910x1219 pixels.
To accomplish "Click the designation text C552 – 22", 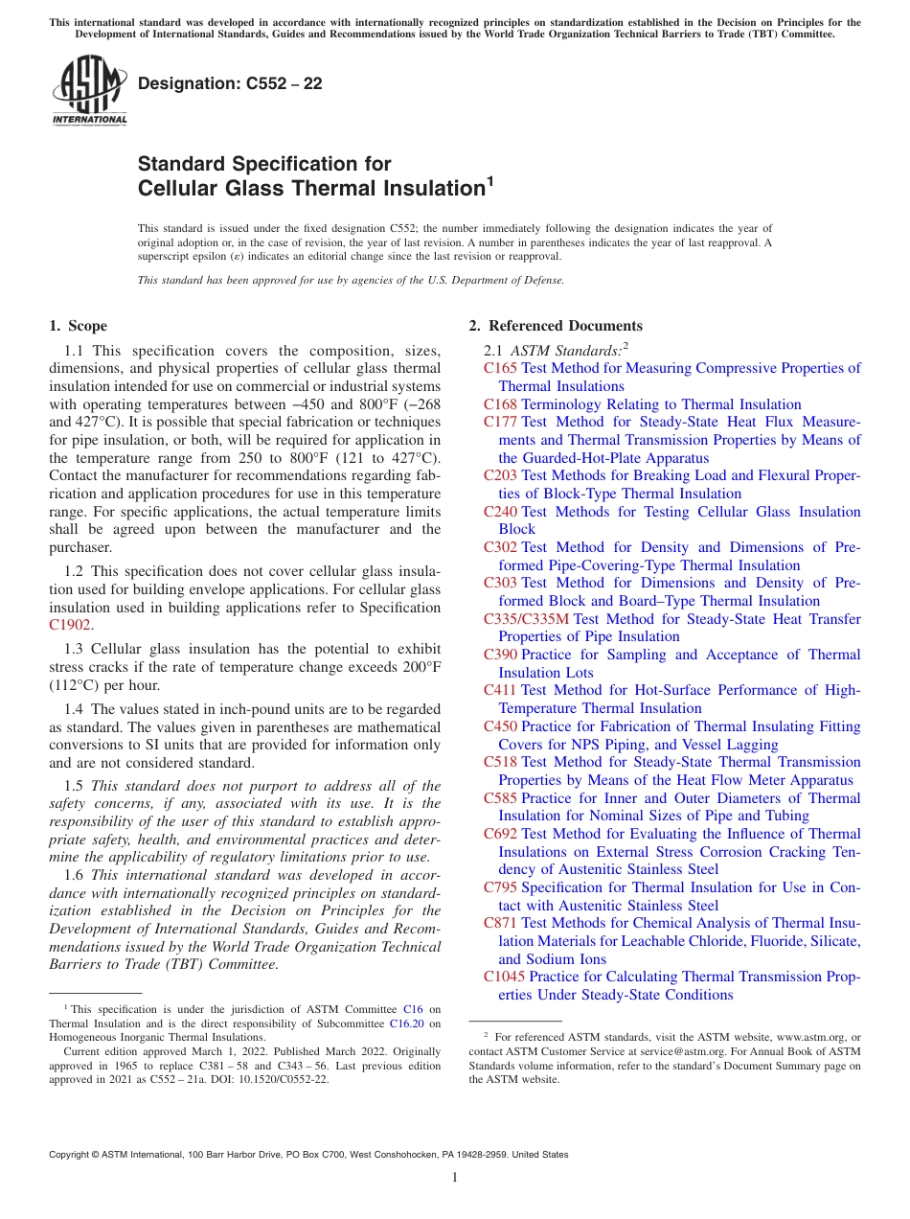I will coord(230,84).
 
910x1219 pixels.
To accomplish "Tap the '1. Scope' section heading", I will coord(78,326).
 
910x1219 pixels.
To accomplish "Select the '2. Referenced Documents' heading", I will coord(556,326).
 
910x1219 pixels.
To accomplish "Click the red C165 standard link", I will coord(500,368).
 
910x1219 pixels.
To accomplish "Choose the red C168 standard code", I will coord(500,404).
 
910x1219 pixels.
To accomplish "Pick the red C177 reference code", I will coord(500,422).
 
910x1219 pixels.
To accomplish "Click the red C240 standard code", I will coord(500,512).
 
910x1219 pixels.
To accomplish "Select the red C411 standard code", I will coord(500,690).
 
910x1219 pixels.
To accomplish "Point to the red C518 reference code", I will coord(500,762).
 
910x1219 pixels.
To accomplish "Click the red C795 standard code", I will coord(500,887).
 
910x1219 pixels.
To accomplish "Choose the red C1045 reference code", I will coord(504,977).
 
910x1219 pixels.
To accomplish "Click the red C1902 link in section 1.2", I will coord(70,625).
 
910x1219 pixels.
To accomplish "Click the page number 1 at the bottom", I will coord(455,1178).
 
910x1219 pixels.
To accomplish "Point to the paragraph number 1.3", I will coord(74,650).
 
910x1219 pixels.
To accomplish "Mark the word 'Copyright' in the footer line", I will coord(70,1155).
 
